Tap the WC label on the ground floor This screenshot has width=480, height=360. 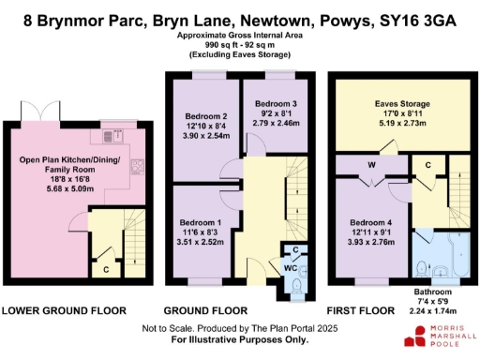(291, 269)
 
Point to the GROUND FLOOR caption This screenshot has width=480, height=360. (206, 310)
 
